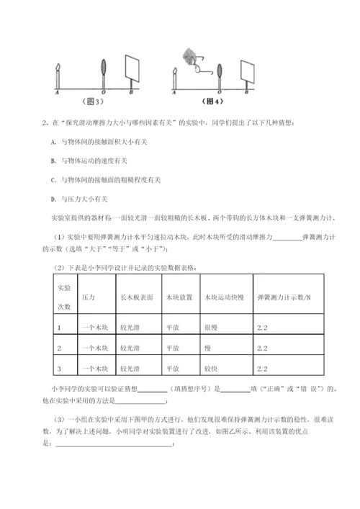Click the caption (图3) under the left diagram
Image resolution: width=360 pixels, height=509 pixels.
pos(94,102)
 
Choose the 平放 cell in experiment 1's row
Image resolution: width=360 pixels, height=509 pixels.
pos(172,328)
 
